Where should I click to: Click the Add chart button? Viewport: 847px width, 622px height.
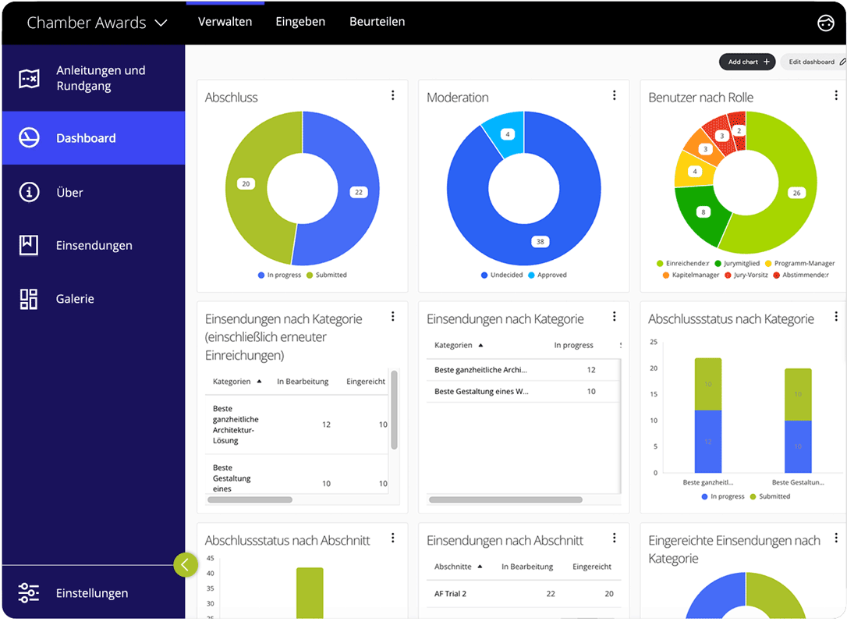[749, 62]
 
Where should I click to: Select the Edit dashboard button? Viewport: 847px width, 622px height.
[815, 62]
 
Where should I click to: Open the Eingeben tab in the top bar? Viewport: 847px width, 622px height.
[300, 22]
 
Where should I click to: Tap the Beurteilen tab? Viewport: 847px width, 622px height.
[377, 22]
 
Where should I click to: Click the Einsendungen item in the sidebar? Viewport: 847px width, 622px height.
[94, 245]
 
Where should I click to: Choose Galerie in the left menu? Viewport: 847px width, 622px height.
[75, 299]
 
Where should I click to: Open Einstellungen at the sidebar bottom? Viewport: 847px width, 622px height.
[91, 593]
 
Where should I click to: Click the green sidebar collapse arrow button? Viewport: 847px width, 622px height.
[186, 564]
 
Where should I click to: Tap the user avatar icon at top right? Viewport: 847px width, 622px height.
[825, 23]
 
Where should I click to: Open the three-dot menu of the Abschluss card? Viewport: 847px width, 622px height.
[392, 95]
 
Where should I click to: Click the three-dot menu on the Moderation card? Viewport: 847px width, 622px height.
[615, 95]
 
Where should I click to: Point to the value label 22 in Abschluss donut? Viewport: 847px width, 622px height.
[358, 192]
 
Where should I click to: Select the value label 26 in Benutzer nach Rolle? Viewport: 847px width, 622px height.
[796, 193]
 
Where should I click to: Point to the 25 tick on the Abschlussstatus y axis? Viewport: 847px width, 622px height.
[654, 342]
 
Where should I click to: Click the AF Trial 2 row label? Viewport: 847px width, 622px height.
[450, 594]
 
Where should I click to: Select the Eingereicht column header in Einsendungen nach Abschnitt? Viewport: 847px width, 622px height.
[592, 567]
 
